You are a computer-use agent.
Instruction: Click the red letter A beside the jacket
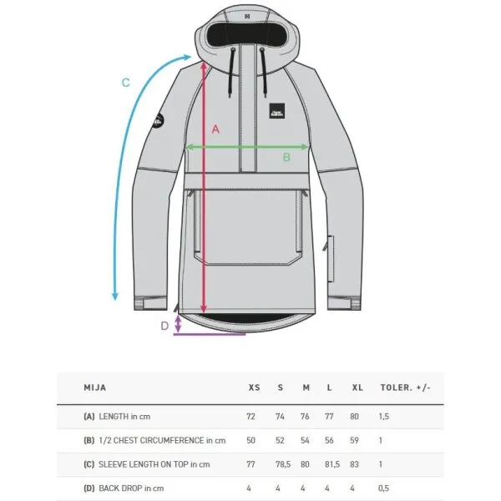click(215, 129)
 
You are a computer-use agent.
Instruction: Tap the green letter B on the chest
click(286, 157)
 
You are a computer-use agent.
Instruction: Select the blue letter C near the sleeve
click(126, 83)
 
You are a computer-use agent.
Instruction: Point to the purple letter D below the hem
click(164, 326)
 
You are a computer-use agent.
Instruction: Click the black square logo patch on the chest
click(276, 111)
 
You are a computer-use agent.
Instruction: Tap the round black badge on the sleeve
click(158, 121)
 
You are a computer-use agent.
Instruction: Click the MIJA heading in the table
click(95, 387)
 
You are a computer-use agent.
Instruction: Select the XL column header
click(357, 387)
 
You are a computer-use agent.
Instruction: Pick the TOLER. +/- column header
click(406, 387)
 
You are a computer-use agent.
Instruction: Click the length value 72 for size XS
click(250, 417)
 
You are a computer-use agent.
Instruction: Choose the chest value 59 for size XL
click(354, 440)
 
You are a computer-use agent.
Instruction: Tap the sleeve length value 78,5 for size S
click(283, 464)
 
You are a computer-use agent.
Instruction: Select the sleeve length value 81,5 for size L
click(332, 464)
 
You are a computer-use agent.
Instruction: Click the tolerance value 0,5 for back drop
click(383, 488)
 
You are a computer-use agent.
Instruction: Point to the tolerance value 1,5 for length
click(384, 417)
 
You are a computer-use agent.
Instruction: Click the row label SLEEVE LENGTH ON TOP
click(143, 464)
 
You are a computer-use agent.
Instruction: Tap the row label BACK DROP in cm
click(131, 488)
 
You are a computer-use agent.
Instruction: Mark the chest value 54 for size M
click(305, 440)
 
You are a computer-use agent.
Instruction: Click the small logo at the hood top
click(247, 17)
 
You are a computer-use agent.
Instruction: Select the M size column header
click(306, 387)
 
